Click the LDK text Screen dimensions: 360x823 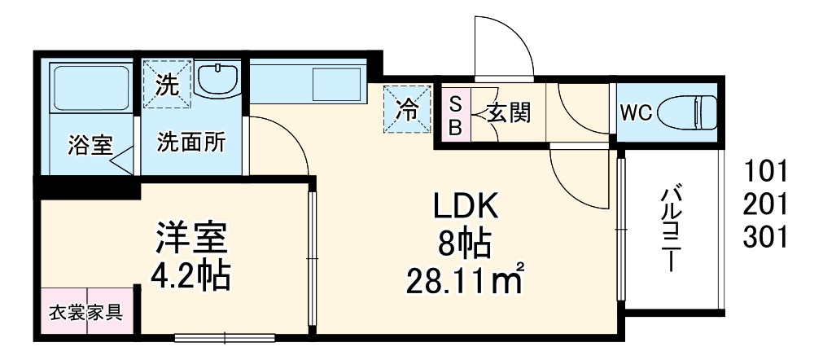(x=464, y=207)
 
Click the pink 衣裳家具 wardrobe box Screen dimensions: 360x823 (x=85, y=312)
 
